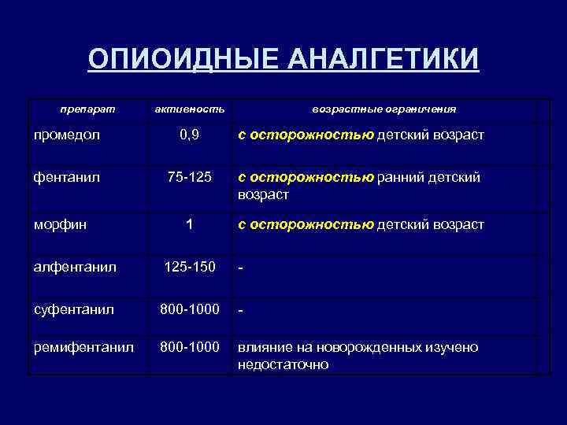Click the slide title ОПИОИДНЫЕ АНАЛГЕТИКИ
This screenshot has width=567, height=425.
[x=283, y=59]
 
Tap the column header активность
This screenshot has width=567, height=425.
[x=189, y=109]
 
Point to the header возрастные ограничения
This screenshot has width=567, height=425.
[x=384, y=109]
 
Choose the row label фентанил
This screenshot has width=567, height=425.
[x=68, y=178]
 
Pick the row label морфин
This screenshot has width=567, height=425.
[x=60, y=225]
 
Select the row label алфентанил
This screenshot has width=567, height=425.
[x=75, y=268]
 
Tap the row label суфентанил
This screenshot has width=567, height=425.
[x=73, y=310]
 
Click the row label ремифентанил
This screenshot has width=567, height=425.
[x=83, y=347]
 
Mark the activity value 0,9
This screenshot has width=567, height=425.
[x=189, y=135]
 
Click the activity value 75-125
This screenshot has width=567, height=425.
[x=189, y=178]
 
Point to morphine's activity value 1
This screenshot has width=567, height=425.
[x=189, y=225]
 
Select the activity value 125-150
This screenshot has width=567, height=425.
[x=189, y=268]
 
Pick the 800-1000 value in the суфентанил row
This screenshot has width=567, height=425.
[x=189, y=310]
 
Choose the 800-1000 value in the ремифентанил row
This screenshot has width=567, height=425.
[x=189, y=347]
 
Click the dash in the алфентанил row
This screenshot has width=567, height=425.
[x=241, y=268]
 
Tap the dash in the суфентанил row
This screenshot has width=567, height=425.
[x=241, y=311]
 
